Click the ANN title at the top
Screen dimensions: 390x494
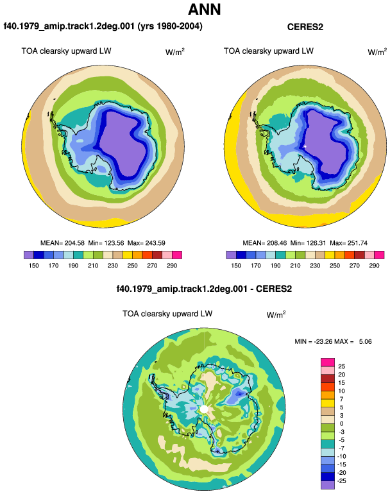pyautogui.click(x=205, y=10)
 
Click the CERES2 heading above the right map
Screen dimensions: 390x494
pyautogui.click(x=305, y=27)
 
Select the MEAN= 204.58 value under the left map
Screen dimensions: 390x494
pyautogui.click(x=62, y=243)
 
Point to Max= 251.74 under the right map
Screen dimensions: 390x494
pyautogui.click(x=348, y=243)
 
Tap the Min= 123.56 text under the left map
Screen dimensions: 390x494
pyautogui.click(x=106, y=243)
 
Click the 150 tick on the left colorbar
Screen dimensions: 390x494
pyautogui.click(x=34, y=266)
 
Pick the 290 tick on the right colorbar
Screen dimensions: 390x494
pyautogui.click(x=374, y=266)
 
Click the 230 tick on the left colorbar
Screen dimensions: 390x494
pyautogui.click(x=112, y=266)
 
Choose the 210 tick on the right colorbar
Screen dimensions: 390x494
pyautogui.click(x=295, y=266)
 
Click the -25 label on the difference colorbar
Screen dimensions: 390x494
pyautogui.click(x=341, y=481)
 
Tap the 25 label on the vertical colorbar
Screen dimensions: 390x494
pyautogui.click(x=341, y=366)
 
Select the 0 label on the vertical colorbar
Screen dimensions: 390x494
pyautogui.click(x=341, y=423)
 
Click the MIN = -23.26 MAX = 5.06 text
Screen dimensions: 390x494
pyautogui.click(x=333, y=341)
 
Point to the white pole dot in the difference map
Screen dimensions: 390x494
pyautogui.click(x=204, y=409)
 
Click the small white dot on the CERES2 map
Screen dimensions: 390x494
pyautogui.click(x=305, y=146)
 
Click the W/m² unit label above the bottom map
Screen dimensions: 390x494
pyautogui.click(x=276, y=314)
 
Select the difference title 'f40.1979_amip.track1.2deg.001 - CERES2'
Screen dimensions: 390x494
pyautogui.click(x=204, y=289)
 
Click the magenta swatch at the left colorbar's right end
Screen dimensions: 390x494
pyautogui.click(x=177, y=255)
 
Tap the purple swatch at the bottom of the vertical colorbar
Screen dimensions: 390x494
pyautogui.click(x=328, y=485)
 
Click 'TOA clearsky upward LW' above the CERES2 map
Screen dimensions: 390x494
pyautogui.click(x=269, y=51)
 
